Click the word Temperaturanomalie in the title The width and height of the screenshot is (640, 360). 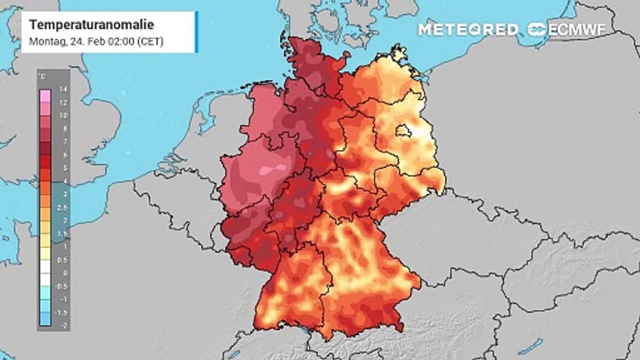point(91,25)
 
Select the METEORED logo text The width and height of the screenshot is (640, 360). point(468,29)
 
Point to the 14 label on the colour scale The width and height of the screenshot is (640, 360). point(62,89)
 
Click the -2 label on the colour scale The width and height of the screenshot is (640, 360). point(62,325)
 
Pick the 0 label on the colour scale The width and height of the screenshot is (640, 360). point(62,273)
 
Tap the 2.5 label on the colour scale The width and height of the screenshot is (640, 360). point(62,207)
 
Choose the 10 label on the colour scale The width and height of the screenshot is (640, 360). point(62,115)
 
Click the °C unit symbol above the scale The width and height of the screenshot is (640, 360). point(43,76)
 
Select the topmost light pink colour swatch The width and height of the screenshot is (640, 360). point(45,95)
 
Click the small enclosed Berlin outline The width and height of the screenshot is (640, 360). point(402,131)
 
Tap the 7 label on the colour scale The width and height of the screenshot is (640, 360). point(62,142)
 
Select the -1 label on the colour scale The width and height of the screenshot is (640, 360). point(62,299)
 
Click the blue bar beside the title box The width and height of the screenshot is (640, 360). point(196,32)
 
